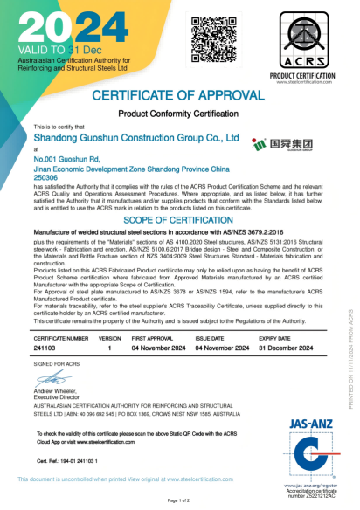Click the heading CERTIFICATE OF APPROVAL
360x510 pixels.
(x=179, y=95)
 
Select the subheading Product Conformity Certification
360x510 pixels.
(x=179, y=114)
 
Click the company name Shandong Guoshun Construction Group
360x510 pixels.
(x=136, y=138)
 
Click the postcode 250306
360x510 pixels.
(x=48, y=177)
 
